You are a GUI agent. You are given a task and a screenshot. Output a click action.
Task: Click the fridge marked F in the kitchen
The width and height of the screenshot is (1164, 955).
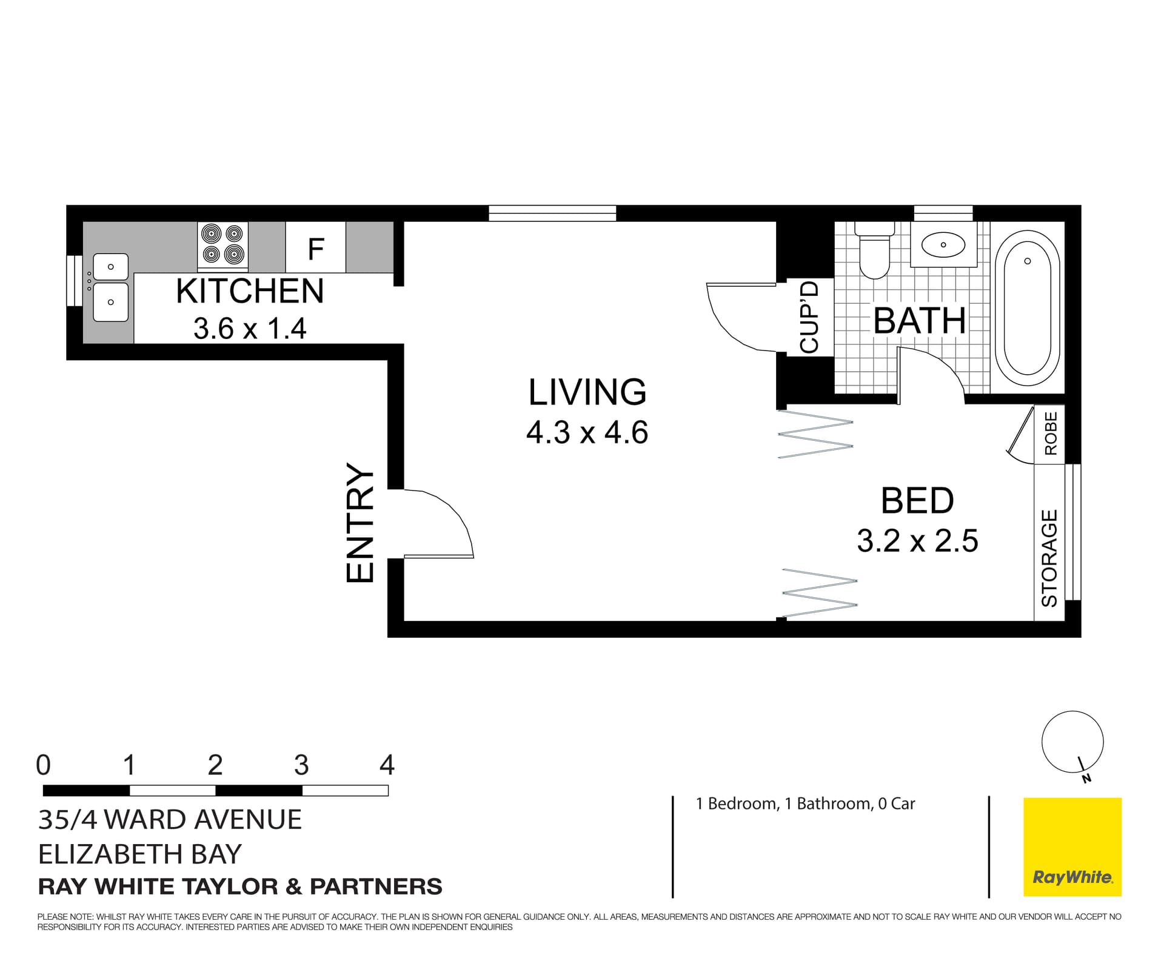pyautogui.click(x=315, y=247)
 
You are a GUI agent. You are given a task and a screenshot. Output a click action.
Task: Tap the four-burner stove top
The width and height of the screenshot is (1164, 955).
pyautogui.click(x=222, y=244)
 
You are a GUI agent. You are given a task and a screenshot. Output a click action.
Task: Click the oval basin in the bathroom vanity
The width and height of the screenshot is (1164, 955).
pyautogui.click(x=943, y=245)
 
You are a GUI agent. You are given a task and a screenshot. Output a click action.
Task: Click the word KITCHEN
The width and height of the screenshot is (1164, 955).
pyautogui.click(x=250, y=291)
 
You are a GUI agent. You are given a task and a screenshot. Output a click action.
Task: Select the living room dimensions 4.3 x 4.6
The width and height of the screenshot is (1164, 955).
pyautogui.click(x=587, y=433)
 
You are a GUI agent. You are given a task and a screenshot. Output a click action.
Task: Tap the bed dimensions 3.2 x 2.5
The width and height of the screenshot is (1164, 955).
pyautogui.click(x=917, y=540)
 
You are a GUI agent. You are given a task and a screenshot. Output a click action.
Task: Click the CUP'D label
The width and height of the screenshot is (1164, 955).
pyautogui.click(x=809, y=317)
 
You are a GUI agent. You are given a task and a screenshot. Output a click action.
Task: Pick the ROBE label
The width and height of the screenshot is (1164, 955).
pyautogui.click(x=1050, y=433)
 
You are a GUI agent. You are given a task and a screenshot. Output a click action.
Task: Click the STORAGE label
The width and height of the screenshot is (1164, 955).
pyautogui.click(x=1049, y=558)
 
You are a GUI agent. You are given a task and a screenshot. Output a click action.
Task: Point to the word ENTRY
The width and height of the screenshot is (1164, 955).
pyautogui.click(x=360, y=523)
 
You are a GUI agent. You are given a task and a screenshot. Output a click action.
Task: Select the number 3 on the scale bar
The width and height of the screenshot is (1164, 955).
pyautogui.click(x=301, y=765)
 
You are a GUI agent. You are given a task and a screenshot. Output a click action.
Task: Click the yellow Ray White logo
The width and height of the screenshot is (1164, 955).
pyautogui.click(x=1072, y=846)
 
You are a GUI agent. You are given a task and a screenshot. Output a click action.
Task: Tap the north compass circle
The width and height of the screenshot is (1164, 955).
pyautogui.click(x=1072, y=742)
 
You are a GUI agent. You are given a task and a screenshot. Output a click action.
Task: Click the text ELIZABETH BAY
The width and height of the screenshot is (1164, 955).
pyautogui.click(x=140, y=854)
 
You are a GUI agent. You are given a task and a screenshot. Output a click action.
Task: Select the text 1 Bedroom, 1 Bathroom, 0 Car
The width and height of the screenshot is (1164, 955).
pyautogui.click(x=805, y=803)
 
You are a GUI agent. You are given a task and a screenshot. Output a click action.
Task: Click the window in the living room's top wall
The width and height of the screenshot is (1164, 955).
pyautogui.click(x=552, y=213)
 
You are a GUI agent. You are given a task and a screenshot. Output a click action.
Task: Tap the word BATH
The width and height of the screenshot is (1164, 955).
pyautogui.click(x=919, y=321)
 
